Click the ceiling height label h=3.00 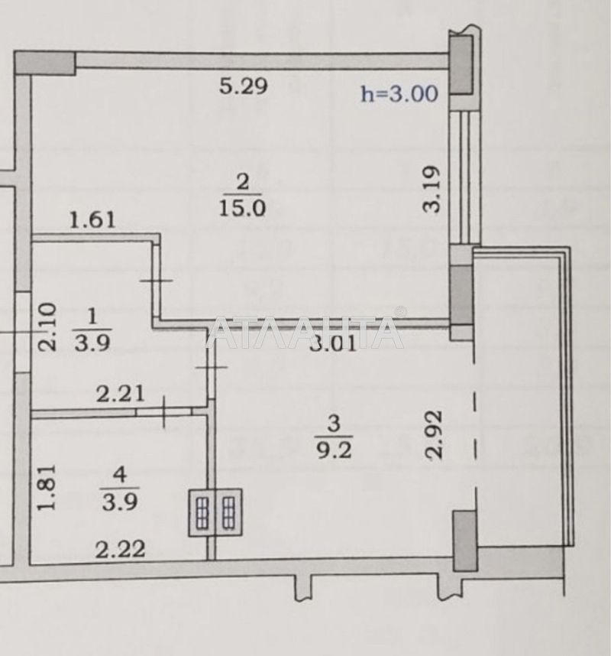click(399, 94)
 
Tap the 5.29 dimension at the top click(243, 86)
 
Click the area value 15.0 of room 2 click(242, 208)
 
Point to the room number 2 click(242, 183)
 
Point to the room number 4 click(119, 473)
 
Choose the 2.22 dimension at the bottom click(119, 547)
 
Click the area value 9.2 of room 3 click(334, 448)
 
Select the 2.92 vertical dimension click(433, 434)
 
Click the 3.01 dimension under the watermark click(333, 345)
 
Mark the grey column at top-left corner click(45, 62)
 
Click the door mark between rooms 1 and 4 click(166, 411)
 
